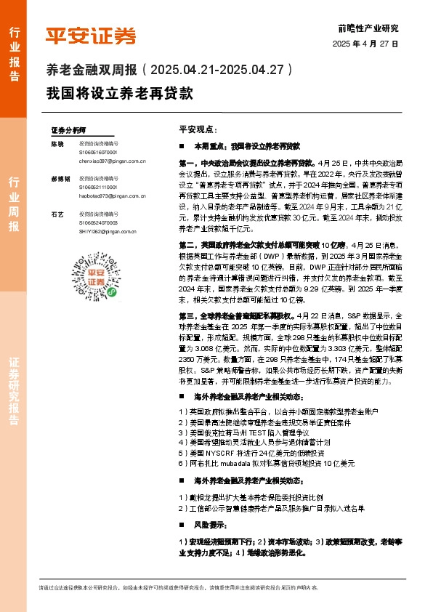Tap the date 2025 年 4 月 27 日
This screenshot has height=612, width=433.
coord(365,44)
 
